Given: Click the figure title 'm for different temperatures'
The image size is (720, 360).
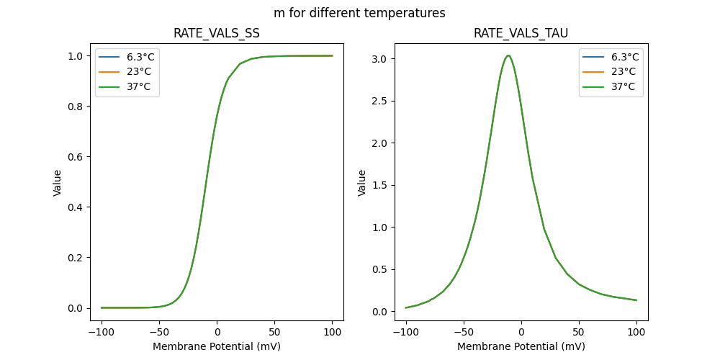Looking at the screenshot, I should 359,13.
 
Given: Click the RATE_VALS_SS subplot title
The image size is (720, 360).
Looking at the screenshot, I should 217,33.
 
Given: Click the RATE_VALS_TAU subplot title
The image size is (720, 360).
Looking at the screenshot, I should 521,33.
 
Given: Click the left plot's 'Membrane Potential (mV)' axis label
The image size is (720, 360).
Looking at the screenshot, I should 217,346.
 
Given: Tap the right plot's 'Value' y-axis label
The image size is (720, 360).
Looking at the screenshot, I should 362,183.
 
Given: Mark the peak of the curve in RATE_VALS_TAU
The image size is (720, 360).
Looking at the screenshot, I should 508,55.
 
